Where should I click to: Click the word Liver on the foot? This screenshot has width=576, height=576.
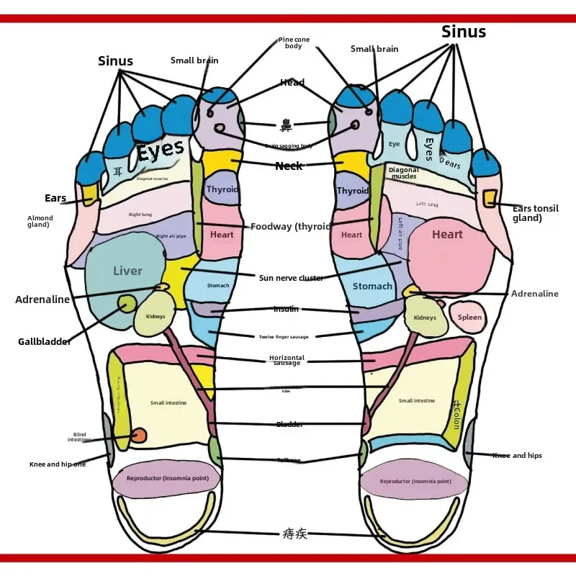[x=127, y=271]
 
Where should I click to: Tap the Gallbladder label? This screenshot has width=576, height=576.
[x=45, y=342]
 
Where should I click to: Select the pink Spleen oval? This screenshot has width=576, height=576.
[x=469, y=318]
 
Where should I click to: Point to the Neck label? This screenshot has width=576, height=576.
[x=289, y=166]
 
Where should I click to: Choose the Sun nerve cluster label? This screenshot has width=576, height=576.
[x=291, y=278]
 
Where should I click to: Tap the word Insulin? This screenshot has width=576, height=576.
[x=286, y=309]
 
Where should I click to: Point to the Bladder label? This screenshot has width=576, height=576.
[x=289, y=425]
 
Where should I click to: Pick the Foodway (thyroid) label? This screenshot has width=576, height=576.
[x=290, y=227]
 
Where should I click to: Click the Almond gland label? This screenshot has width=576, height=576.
[x=40, y=221]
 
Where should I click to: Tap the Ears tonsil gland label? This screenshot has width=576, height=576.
[x=535, y=213]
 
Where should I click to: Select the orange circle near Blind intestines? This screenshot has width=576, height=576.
[x=138, y=436]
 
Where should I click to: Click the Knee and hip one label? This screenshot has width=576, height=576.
[x=58, y=464]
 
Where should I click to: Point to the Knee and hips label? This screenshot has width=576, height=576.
[x=517, y=456]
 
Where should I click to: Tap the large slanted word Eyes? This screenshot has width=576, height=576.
[x=160, y=151]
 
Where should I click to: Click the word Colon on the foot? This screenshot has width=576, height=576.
[x=456, y=415]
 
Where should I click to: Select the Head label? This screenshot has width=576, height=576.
[x=292, y=83]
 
